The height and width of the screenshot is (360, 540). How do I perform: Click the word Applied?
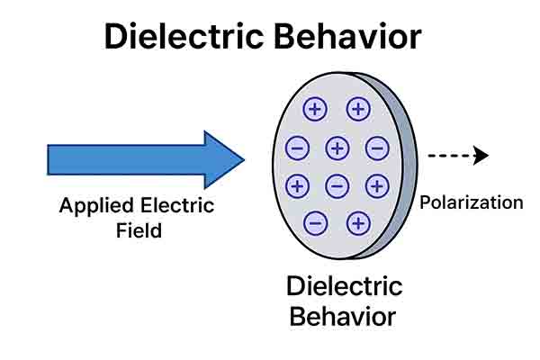click(95, 205)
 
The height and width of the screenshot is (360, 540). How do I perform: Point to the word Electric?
click(175, 205)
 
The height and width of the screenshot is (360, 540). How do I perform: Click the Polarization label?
click(471, 202)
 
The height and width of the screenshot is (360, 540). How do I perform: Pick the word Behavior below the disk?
click(345, 316)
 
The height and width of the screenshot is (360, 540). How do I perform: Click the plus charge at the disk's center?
click(337, 148)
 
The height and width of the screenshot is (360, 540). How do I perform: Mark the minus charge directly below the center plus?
click(337, 186)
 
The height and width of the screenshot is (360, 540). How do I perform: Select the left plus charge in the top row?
click(315, 110)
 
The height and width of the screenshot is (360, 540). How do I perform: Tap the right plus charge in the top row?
click(358, 110)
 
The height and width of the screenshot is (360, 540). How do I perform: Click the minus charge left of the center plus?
click(297, 148)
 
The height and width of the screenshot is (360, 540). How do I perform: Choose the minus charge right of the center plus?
click(376, 148)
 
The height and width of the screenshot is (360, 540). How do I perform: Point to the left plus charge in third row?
click(297, 186)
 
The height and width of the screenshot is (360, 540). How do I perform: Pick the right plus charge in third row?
click(376, 186)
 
